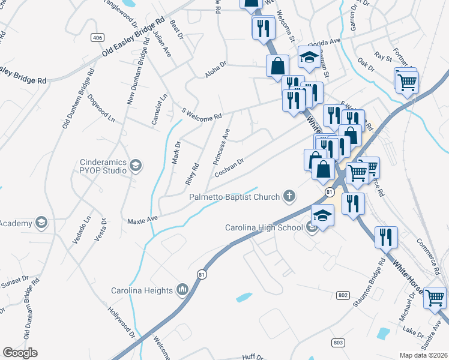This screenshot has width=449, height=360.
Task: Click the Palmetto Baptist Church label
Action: point(235,197)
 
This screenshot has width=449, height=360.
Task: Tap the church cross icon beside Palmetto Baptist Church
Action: point(289,196)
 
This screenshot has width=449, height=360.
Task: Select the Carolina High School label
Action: point(265,228)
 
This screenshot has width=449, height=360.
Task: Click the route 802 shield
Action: point(343,295)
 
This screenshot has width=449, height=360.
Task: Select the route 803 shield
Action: point(337,342)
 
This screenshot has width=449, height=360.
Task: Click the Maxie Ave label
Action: point(142,220)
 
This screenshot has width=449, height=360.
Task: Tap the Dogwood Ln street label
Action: point(101,107)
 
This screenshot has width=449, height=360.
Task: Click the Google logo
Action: point(20,353)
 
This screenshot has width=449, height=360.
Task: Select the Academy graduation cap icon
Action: point(41,223)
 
